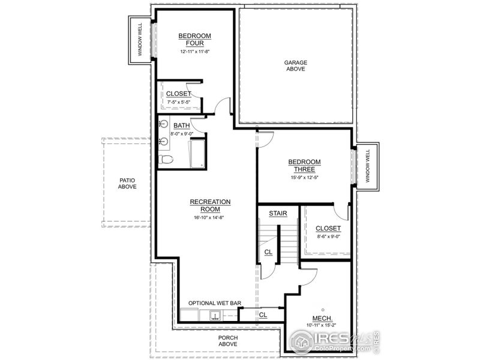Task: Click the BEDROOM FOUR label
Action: point(191,40)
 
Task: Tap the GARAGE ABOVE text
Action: point(295,65)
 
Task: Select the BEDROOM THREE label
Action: point(304,166)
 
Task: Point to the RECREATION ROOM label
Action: point(210,205)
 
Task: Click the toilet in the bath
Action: point(166,160)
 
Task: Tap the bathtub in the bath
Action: point(197,154)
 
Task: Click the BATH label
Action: point(181,125)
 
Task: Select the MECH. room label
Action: point(322,318)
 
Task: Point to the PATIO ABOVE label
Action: point(127,183)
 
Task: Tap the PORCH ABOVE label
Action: point(227,341)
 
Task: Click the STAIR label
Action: point(277,213)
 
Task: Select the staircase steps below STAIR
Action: point(289,240)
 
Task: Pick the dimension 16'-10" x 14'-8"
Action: point(210,217)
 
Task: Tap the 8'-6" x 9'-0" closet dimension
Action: point(328,236)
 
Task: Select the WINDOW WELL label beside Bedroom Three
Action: point(367,167)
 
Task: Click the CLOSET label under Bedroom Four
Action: point(178,94)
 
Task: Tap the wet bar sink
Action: point(213,315)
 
